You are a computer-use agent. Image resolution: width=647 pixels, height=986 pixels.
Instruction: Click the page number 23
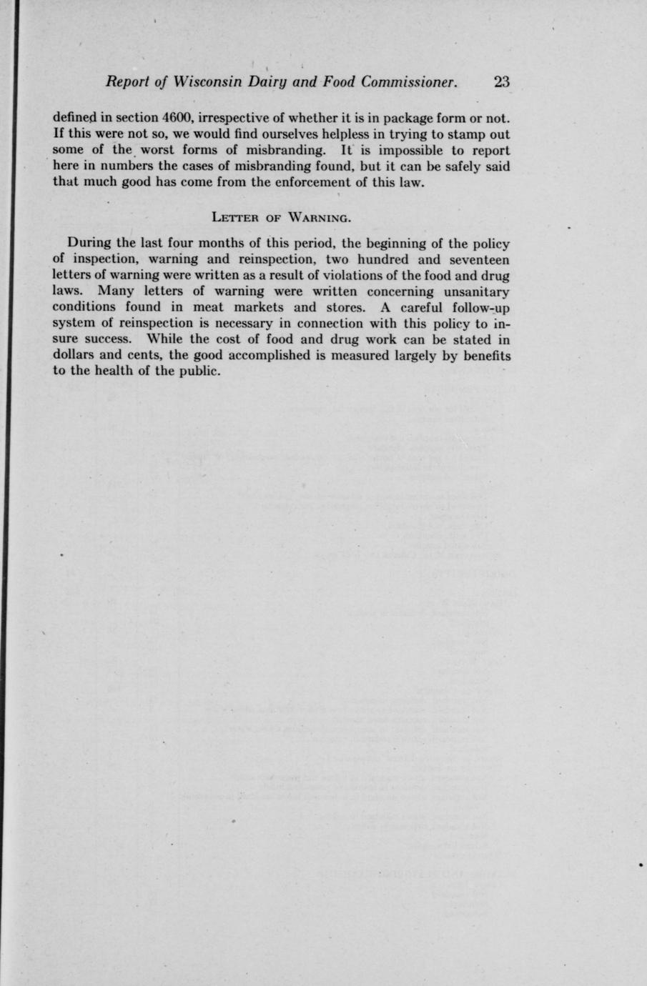point(501,81)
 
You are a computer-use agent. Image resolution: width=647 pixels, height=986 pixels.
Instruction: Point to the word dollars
point(76,355)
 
